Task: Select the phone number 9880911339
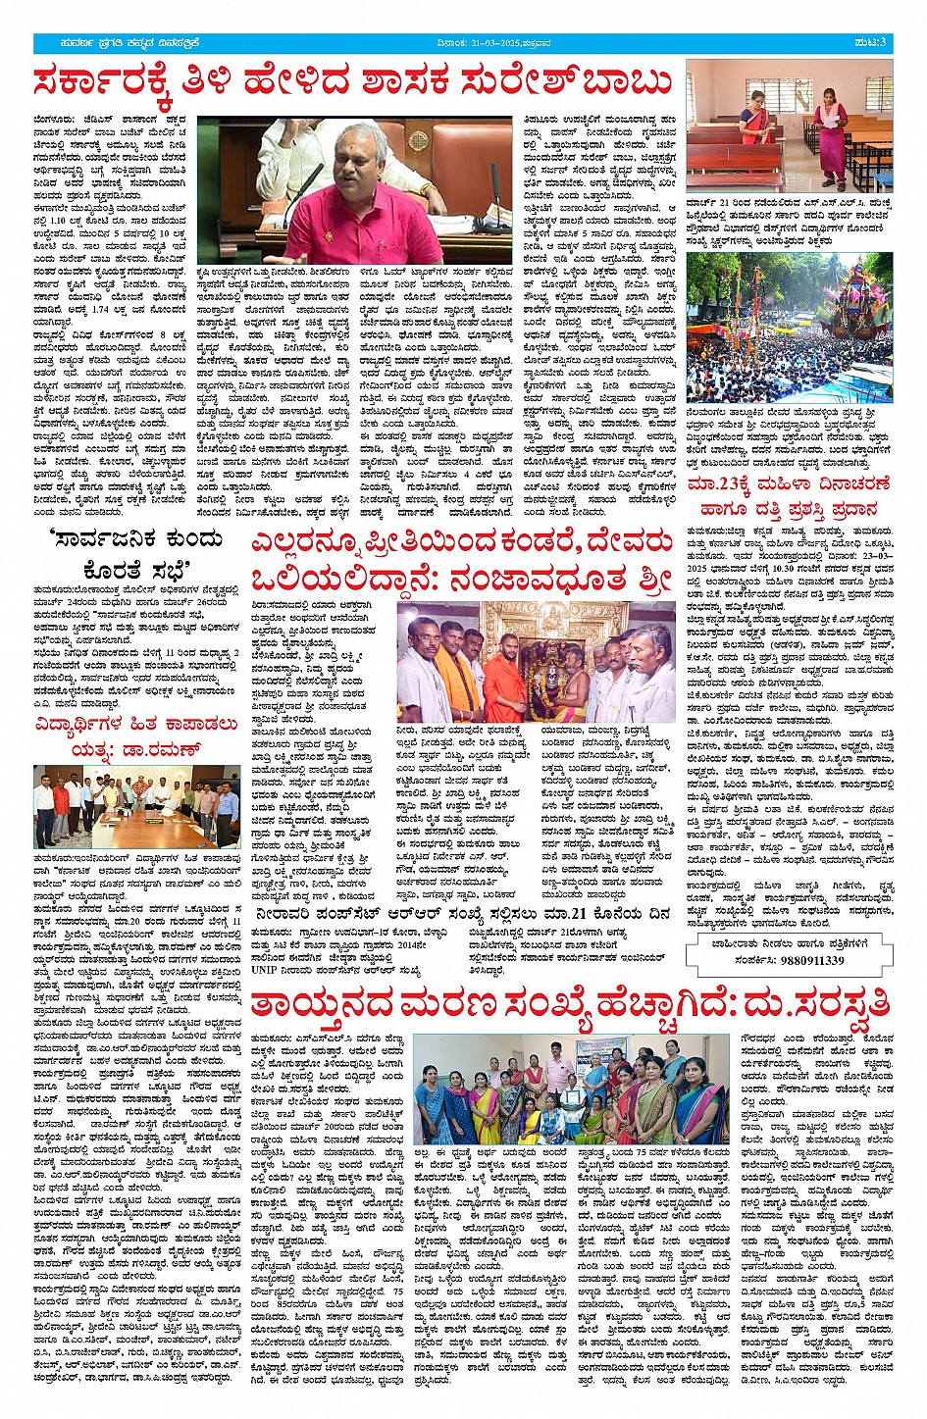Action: [799, 960]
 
